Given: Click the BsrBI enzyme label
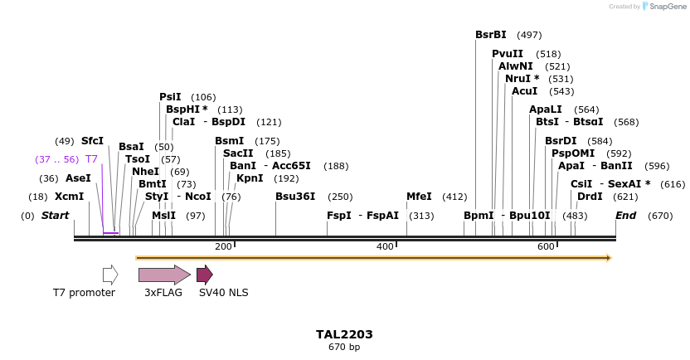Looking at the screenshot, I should (x=490, y=35).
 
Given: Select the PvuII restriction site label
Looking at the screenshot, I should (x=507, y=54).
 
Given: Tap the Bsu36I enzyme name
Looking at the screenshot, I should (x=295, y=197).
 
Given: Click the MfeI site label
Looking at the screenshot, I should (x=419, y=197).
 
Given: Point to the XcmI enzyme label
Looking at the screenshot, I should (x=70, y=197).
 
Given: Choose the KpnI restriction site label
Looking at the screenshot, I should (x=250, y=178).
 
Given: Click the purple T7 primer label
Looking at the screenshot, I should (x=91, y=158).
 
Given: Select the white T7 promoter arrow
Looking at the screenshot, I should (x=110, y=275).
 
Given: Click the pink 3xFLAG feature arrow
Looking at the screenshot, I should (x=164, y=275).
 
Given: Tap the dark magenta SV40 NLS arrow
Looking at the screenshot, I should (x=205, y=275).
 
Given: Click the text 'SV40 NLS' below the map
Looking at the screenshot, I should (x=223, y=292).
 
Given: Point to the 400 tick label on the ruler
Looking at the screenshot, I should (x=385, y=247).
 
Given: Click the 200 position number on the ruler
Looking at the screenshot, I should (x=223, y=247).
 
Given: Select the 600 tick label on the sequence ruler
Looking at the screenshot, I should (x=546, y=247).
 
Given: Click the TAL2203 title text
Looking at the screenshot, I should (x=344, y=334).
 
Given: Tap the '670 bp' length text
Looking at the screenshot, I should (x=344, y=347).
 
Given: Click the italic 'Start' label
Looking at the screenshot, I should (x=56, y=216).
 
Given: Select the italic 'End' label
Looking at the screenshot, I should (x=625, y=216).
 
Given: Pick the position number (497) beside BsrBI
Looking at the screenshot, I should (x=529, y=35).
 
